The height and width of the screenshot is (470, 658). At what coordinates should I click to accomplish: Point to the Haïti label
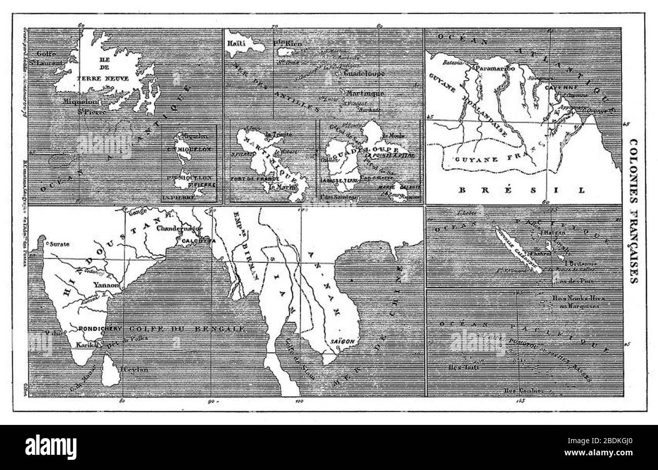(x=236, y=44)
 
